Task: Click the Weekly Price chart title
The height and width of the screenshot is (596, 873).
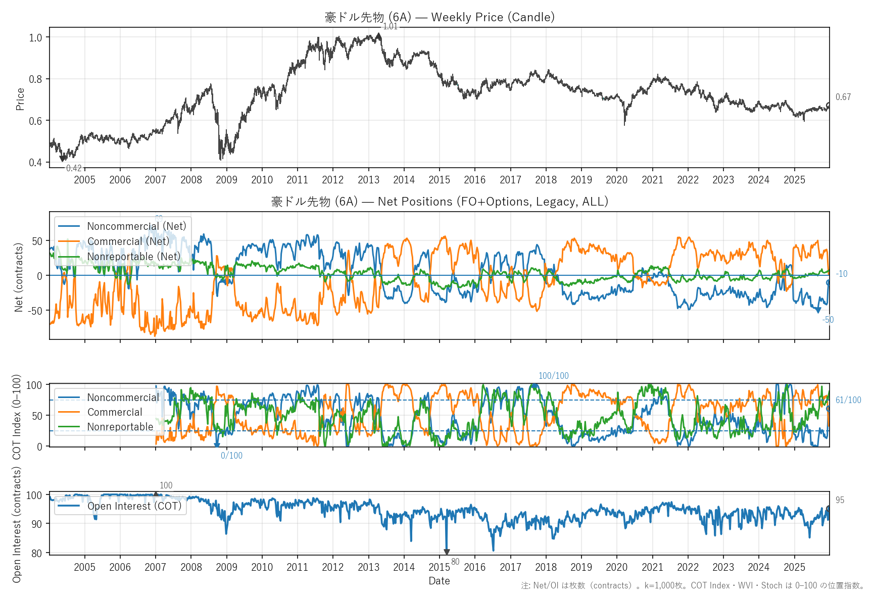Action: (440, 17)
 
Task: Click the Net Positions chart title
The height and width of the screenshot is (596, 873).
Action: (440, 202)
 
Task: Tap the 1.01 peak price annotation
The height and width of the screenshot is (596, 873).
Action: (391, 27)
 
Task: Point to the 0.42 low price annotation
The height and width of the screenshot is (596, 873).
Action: (74, 168)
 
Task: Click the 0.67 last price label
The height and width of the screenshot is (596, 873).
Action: (843, 97)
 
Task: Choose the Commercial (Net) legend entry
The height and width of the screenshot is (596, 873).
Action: (128, 241)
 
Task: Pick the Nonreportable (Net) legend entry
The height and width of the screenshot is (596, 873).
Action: (133, 257)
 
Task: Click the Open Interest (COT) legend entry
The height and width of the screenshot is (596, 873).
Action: (134, 506)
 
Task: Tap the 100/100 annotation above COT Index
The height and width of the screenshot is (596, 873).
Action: (553, 376)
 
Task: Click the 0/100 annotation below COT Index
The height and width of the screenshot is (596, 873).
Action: (231, 456)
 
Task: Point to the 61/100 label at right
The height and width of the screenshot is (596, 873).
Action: (848, 400)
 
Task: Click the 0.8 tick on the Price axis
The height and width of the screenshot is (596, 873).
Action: (35, 79)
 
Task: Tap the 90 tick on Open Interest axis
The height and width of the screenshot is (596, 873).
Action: (36, 524)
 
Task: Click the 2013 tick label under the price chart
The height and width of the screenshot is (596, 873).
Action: (368, 180)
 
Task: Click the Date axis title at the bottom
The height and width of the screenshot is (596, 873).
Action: (439, 581)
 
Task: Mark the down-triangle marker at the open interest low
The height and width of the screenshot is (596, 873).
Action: (447, 553)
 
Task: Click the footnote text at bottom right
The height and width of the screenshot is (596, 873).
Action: (693, 585)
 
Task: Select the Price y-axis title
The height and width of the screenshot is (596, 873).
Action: (20, 99)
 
